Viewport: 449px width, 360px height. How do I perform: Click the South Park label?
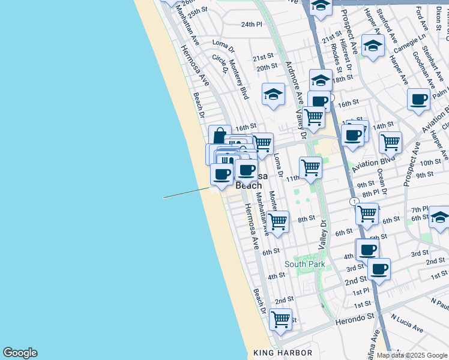[305, 264]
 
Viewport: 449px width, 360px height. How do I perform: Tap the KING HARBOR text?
[283, 353]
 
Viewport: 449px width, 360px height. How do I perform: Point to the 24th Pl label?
[252, 25]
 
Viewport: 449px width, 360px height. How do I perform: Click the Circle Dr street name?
[220, 64]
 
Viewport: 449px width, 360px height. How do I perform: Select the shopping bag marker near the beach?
[220, 136]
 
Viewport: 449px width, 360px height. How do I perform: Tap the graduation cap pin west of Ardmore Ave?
[274, 95]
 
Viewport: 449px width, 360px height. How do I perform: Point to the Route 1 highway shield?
[355, 201]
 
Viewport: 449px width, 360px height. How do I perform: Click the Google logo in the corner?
[20, 353]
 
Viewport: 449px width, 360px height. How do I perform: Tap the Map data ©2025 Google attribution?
[412, 355]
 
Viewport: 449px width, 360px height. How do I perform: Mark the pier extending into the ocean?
[186, 193]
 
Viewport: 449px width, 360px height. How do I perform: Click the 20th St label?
[267, 67]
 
